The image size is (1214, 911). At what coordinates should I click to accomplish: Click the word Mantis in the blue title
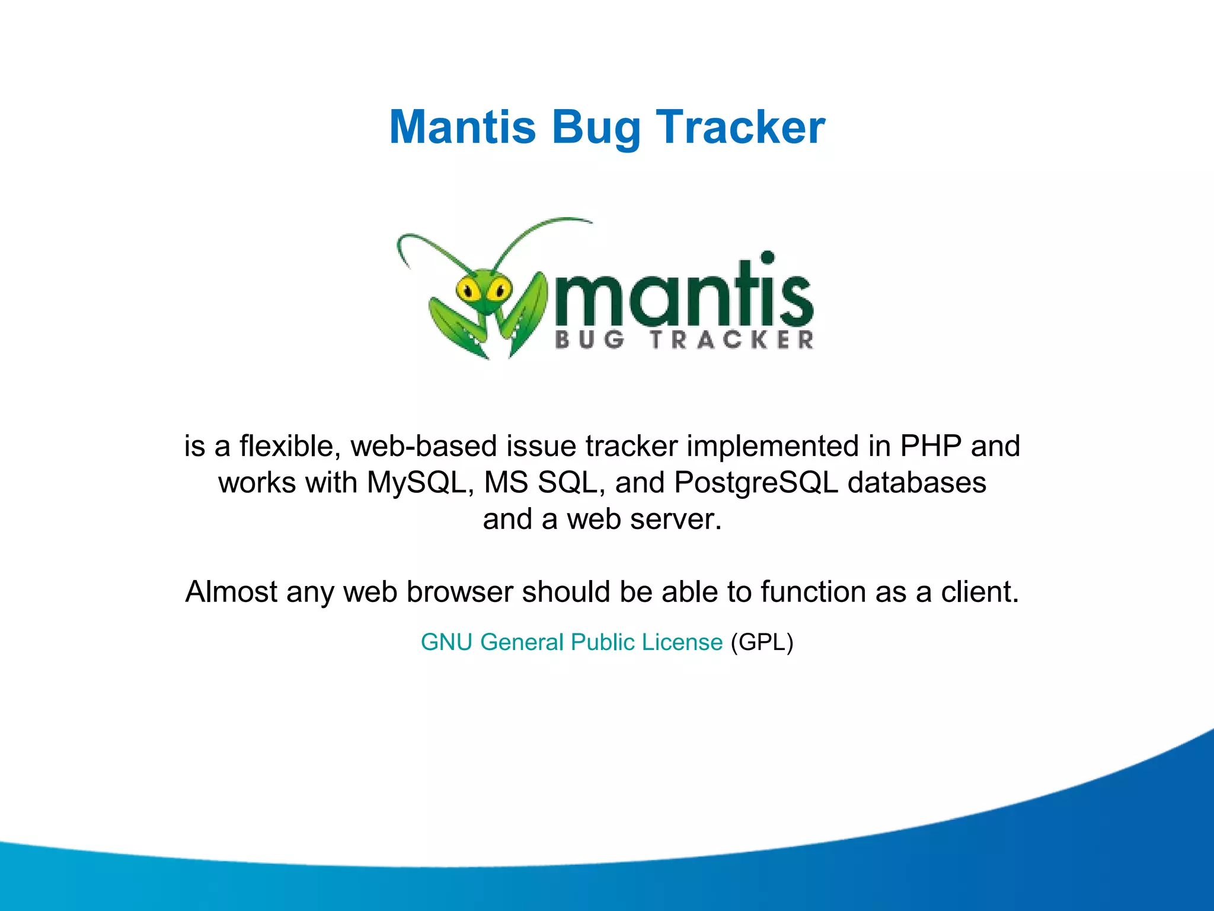point(462,128)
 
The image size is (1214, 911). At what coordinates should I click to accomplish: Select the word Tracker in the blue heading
point(740,128)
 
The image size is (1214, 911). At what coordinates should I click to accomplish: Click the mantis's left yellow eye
point(468,291)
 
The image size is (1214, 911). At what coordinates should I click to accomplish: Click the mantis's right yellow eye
point(499,290)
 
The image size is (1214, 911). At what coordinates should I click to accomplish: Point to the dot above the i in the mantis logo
point(768,257)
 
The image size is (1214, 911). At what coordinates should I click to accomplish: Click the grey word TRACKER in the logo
point(732,340)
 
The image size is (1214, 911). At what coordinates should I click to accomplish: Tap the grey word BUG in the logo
point(589,340)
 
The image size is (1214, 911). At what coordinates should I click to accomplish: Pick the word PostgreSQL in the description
point(756,483)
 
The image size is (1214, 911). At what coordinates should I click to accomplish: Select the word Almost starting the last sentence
point(231,592)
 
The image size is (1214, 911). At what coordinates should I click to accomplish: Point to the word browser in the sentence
point(459,592)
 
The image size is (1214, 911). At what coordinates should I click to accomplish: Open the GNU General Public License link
point(571,642)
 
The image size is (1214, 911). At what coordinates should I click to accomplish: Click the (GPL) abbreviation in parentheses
point(762,642)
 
